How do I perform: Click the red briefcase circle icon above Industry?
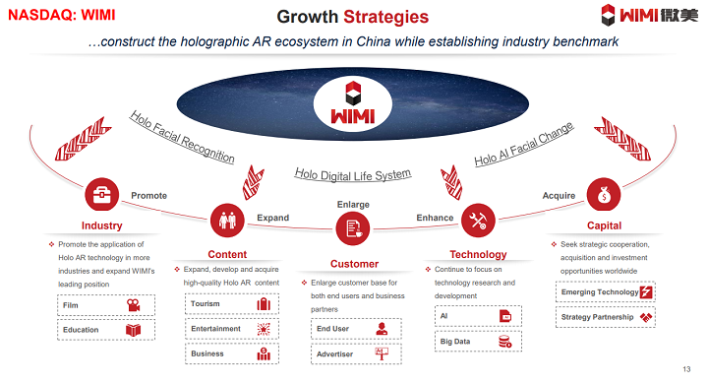pos(101,194)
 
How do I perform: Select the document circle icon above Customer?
pos(352,229)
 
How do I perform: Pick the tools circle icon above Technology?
pos(478,218)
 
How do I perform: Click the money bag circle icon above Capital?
pos(603,193)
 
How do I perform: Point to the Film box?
pos(99,306)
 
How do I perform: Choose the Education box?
pos(99,330)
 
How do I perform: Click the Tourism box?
pos(228,304)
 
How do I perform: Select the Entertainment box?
pos(228,329)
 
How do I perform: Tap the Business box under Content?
pos(228,353)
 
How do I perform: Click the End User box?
pos(352,329)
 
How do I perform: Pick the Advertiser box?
pos(352,353)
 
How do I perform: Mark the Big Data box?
pos(478,341)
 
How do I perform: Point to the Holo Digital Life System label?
pos(352,174)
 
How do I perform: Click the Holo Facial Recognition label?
pos(182,137)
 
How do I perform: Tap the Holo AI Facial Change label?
pos(523,145)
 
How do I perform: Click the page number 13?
pos(685,368)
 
